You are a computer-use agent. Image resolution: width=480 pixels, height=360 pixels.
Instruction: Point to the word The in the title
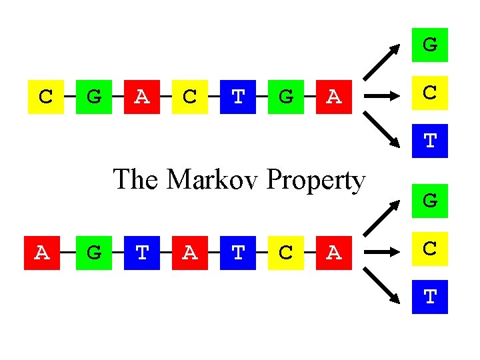click(137, 179)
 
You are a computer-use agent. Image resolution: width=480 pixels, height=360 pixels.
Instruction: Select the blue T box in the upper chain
click(238, 97)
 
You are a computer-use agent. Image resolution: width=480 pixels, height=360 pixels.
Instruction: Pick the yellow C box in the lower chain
click(285, 252)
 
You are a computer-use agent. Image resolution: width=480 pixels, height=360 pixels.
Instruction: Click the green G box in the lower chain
click(94, 252)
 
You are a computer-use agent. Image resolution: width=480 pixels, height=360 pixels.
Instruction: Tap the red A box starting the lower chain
click(42, 252)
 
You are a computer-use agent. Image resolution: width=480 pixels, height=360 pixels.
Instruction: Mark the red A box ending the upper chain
click(333, 97)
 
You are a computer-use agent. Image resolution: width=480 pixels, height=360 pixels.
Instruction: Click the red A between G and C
click(142, 97)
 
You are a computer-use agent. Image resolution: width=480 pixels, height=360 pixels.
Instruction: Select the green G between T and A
click(285, 97)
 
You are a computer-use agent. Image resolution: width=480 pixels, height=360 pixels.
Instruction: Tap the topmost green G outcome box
click(430, 45)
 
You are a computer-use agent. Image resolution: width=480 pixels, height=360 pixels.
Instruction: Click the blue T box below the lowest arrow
click(430, 296)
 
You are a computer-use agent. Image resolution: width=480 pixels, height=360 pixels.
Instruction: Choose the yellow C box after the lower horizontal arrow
click(430, 248)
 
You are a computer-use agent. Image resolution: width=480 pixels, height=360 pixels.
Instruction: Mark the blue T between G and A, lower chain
click(142, 252)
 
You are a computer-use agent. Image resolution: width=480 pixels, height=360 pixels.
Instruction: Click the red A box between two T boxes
click(190, 252)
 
